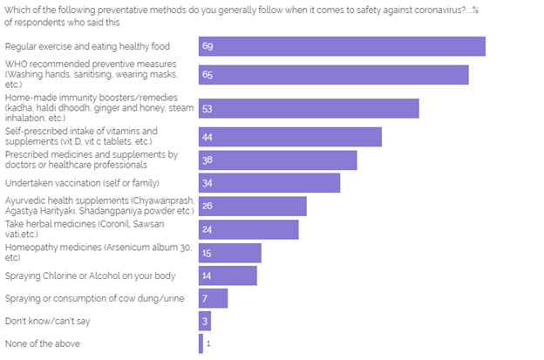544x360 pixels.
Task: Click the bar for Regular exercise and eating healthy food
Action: click(x=342, y=46)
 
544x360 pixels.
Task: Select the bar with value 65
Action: click(x=334, y=75)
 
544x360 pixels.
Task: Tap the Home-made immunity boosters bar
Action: click(x=309, y=109)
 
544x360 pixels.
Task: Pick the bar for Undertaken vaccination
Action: click(x=269, y=183)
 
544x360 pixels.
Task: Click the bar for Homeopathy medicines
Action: click(x=230, y=253)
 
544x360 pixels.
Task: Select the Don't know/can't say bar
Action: click(x=205, y=321)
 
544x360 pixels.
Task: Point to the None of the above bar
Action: click(x=201, y=343)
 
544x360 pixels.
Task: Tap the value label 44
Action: click(x=207, y=137)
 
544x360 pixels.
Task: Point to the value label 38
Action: click(x=207, y=160)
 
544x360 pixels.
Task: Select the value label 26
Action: click(x=207, y=207)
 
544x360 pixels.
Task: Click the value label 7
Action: click(x=205, y=298)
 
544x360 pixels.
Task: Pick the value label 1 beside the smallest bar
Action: click(x=208, y=343)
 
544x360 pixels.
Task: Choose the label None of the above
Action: click(x=43, y=343)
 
